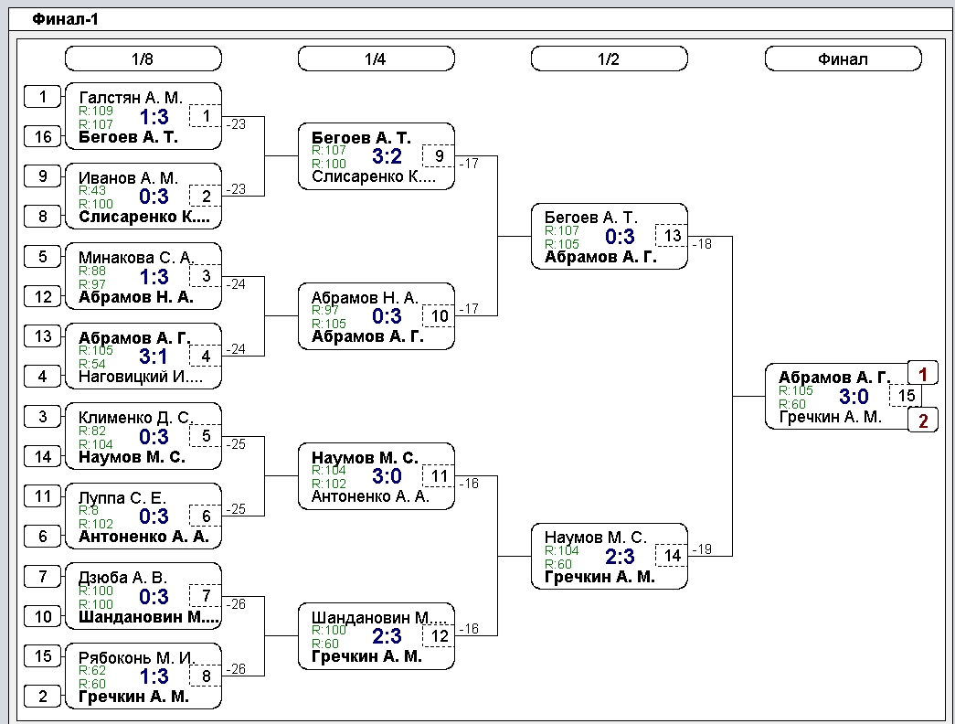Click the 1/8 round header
[143, 59]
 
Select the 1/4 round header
[377, 59]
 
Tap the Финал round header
[843, 59]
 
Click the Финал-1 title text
[65, 19]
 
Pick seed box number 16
[43, 136]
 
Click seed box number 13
[43, 335]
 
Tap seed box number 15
[43, 655]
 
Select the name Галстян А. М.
[131, 98]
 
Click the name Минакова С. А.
[135, 257]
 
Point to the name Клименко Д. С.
[135, 418]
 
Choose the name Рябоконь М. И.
[135, 657]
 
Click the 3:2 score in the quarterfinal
[387, 156]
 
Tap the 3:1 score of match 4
[154, 356]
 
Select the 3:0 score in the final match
[854, 396]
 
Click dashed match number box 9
[439, 155]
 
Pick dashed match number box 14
[672, 555]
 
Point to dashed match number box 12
[439, 635]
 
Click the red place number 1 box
[923, 374]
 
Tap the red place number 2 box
[923, 420]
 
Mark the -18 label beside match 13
[702, 244]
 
